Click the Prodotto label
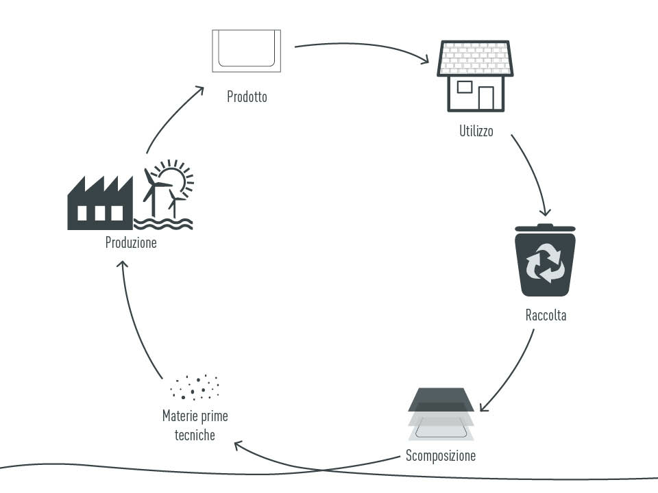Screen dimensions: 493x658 coord(247,97)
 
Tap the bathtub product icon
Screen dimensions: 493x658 coord(246,51)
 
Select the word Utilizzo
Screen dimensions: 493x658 coord(476,131)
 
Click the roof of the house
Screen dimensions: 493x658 coord(475,59)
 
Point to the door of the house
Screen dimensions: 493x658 coord(486,98)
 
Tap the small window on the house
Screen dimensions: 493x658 coord(464,87)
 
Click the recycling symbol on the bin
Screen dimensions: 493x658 coord(545,264)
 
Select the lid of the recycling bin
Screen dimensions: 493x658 coord(545,228)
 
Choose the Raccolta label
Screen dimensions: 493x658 coord(546,316)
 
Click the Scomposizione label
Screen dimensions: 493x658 coord(440,455)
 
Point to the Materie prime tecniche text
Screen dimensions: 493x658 coord(195,425)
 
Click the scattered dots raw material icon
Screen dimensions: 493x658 coord(195,387)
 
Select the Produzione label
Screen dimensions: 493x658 coord(131,242)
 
